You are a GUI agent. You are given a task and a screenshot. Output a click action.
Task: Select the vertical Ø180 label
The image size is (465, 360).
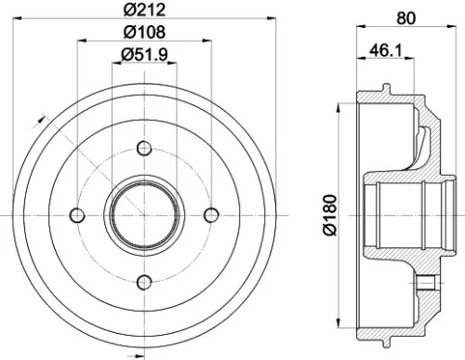tap(331, 218)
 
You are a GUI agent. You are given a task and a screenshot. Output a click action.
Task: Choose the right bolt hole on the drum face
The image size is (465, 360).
tap(210, 215)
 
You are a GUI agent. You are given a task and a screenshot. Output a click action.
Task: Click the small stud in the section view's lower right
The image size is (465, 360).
tap(427, 283)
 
